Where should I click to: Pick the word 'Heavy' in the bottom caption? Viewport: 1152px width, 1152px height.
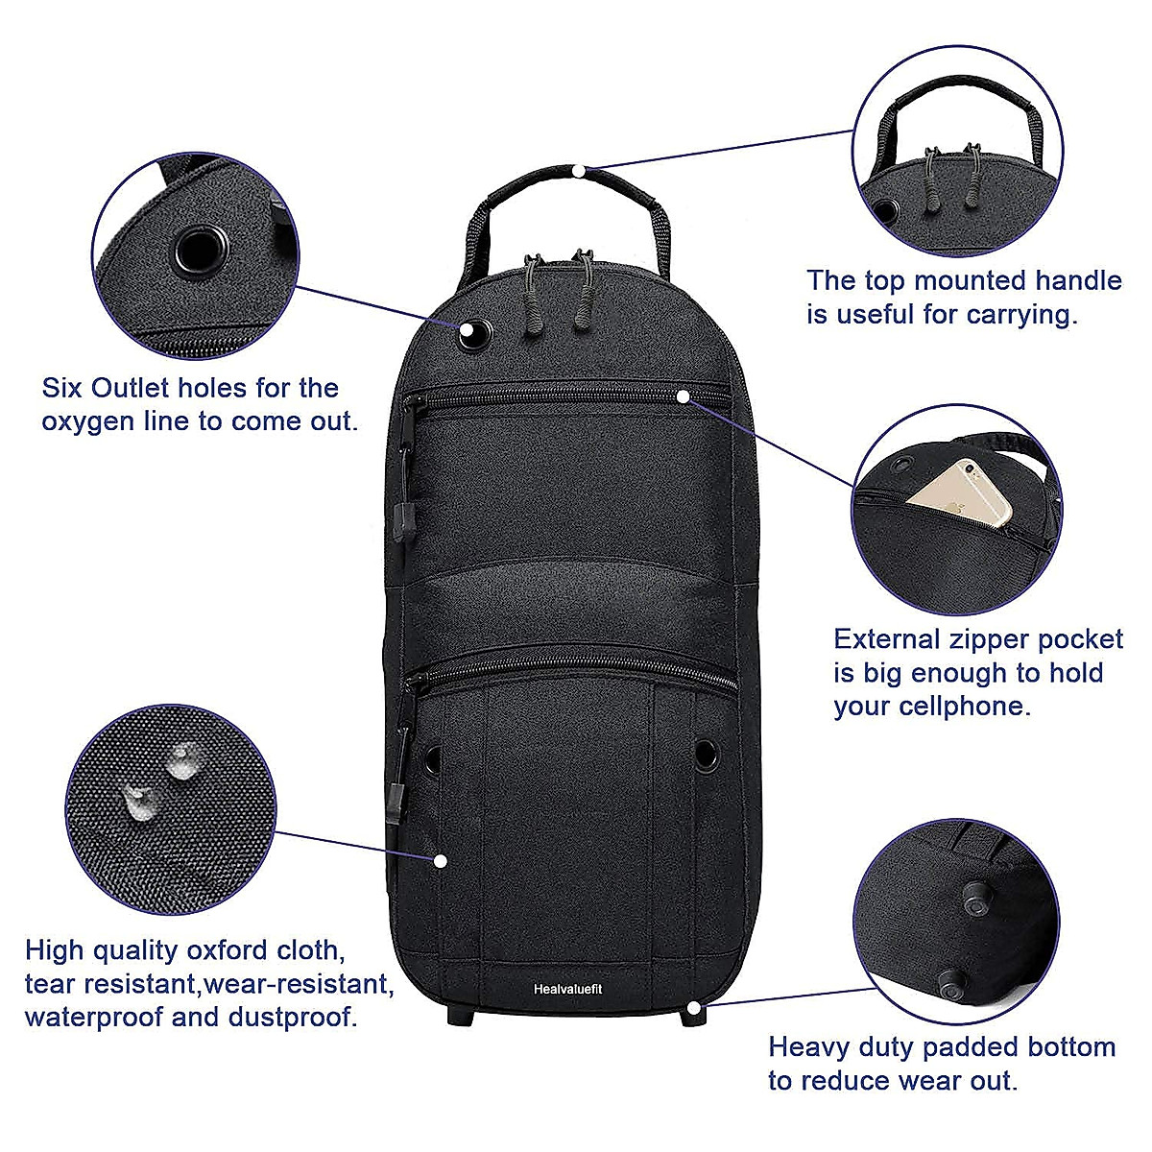[809, 1046]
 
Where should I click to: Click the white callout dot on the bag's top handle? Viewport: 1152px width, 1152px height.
[578, 170]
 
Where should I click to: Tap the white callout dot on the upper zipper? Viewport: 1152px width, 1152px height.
[683, 395]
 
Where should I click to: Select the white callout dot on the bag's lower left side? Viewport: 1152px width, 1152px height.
[440, 860]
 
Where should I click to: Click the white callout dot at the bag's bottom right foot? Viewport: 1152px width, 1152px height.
[695, 1009]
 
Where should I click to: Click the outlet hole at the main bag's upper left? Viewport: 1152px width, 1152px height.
[472, 334]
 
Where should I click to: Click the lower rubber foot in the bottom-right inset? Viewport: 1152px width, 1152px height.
[953, 983]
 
